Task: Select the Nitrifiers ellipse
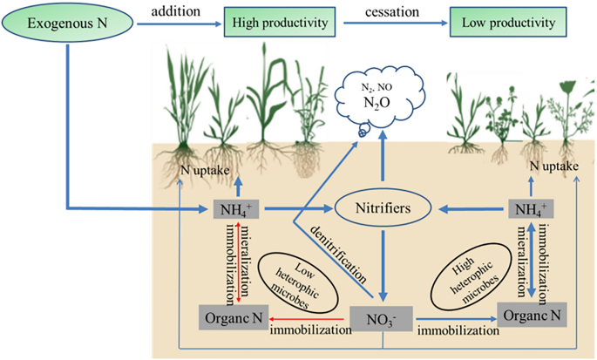[x=382, y=210]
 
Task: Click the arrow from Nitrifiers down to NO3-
[x=381, y=262]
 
